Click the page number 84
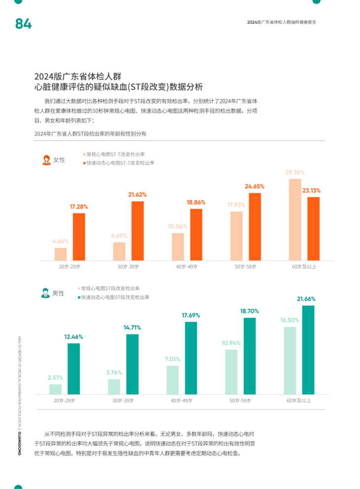23,24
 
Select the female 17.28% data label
79,206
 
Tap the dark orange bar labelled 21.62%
138,230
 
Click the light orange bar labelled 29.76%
295,220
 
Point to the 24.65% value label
254,186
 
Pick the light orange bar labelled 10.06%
178,246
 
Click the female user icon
46,159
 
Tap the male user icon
45,293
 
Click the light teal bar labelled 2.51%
55,389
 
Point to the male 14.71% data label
132,327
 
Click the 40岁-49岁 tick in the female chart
186,266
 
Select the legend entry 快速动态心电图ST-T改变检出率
120,163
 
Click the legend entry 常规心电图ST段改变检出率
110,288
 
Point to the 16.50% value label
289,320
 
